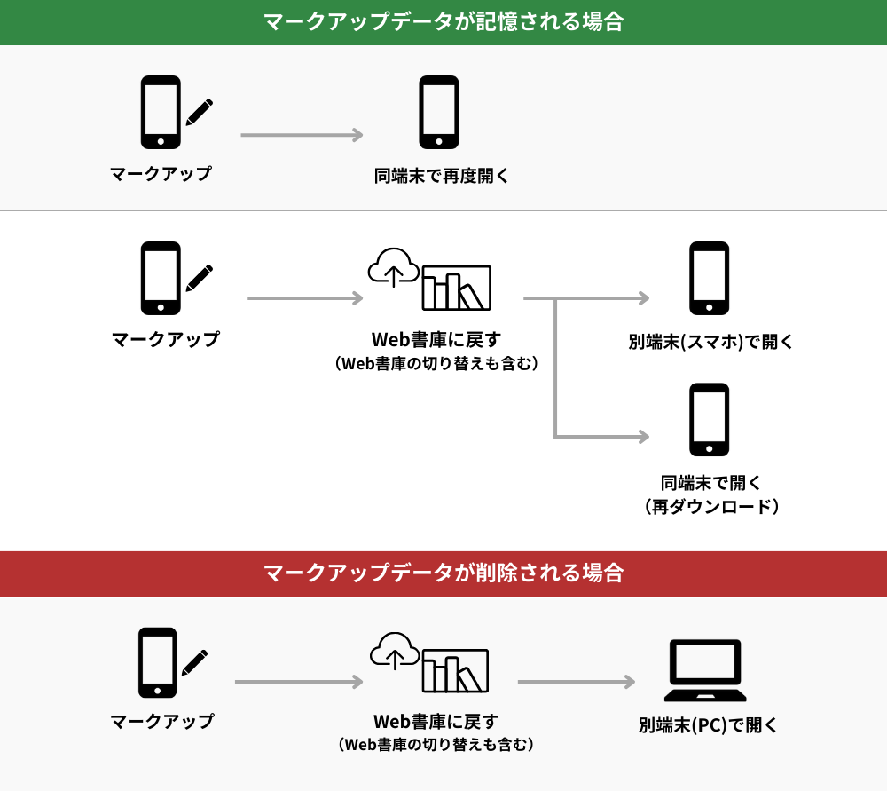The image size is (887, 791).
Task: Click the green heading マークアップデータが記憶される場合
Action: tap(443, 21)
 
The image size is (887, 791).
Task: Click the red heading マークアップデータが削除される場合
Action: tap(443, 573)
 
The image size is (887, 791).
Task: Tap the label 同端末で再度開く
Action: tap(441, 176)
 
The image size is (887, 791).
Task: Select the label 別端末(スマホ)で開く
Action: tap(710, 342)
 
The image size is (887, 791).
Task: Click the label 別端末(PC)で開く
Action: tap(708, 724)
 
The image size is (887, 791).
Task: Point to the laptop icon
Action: tap(705, 670)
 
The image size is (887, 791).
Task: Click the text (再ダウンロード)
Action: tap(711, 506)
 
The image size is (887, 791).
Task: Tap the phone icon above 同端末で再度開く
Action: tap(439, 112)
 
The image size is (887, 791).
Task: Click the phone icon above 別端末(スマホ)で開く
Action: tap(710, 278)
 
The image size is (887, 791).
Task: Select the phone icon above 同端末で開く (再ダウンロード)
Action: tap(710, 420)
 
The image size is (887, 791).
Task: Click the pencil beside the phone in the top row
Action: tap(199, 112)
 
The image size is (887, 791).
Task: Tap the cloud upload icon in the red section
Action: tap(395, 651)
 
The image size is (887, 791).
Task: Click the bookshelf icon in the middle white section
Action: tap(457, 288)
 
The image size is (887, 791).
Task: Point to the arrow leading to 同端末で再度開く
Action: tap(302, 135)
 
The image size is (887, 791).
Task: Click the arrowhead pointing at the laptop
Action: tap(629, 682)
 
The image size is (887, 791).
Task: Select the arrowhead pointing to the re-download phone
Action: tap(643, 436)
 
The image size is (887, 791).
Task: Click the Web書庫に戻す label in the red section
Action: tap(436, 722)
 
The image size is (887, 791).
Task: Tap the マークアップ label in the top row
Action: tap(161, 173)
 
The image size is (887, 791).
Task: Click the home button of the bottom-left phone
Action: tap(157, 691)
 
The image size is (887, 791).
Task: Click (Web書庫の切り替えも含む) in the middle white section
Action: tap(436, 363)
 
